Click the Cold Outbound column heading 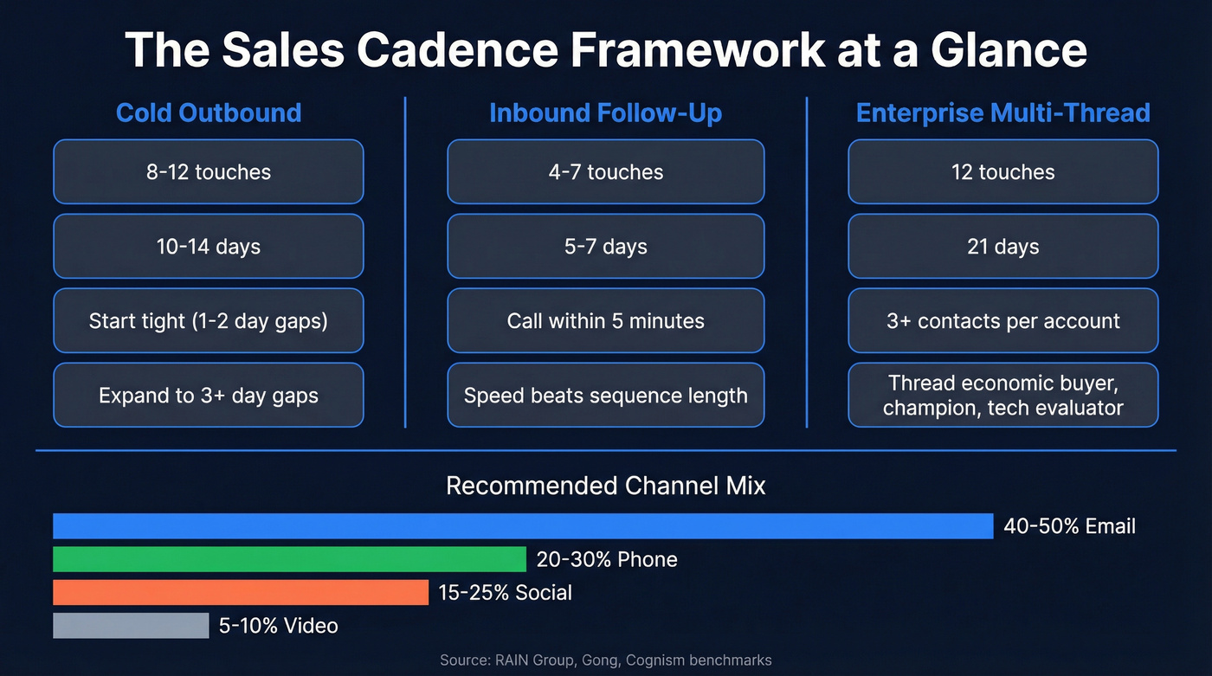(x=209, y=113)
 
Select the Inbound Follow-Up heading (x=605, y=113)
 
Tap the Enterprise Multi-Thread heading (x=1002, y=113)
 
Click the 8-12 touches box (x=209, y=171)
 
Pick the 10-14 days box (x=209, y=247)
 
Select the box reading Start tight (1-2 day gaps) (x=209, y=321)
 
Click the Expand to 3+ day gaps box (x=209, y=396)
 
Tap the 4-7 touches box (x=605, y=171)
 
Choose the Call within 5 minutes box (x=605, y=321)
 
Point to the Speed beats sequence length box (x=605, y=396)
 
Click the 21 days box (x=1002, y=247)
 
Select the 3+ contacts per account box (x=1002, y=321)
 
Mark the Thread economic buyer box (x=1002, y=396)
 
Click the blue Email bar (x=523, y=526)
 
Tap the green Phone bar (x=289, y=559)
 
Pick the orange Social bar (x=241, y=592)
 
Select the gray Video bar (x=131, y=625)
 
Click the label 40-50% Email (x=1069, y=526)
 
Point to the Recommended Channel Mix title (x=605, y=486)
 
